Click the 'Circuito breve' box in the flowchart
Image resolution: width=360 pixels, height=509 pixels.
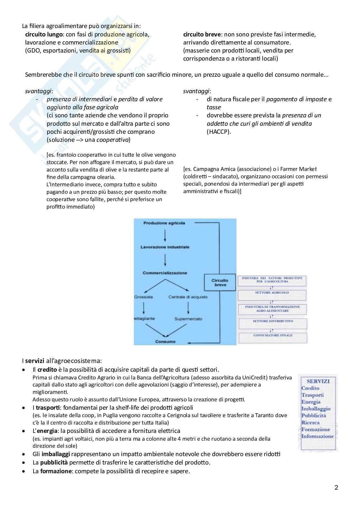pos(220,283)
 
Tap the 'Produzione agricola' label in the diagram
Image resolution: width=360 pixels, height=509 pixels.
pos(164,223)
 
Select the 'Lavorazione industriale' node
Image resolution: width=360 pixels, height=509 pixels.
pos(165,247)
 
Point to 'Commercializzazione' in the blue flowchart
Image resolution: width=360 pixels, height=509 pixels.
pos(165,273)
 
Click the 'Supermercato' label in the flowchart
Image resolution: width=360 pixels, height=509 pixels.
pos(188,319)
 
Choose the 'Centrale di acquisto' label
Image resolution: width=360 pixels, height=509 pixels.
pos(188,297)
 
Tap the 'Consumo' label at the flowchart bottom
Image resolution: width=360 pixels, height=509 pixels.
pos(165,342)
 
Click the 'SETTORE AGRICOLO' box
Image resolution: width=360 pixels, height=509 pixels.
pos(272,293)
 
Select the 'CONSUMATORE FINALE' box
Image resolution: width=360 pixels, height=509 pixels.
pos(273,336)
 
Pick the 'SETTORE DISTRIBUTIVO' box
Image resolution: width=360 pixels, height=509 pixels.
pos(273,321)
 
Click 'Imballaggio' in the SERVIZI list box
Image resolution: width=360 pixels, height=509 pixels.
pos(316,409)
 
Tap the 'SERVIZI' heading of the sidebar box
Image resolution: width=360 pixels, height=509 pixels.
pos(318,381)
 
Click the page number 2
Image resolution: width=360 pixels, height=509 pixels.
pos(336,488)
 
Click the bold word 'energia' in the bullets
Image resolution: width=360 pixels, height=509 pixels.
pos(50,431)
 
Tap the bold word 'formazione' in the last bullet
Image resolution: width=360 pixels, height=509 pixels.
pos(56,471)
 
